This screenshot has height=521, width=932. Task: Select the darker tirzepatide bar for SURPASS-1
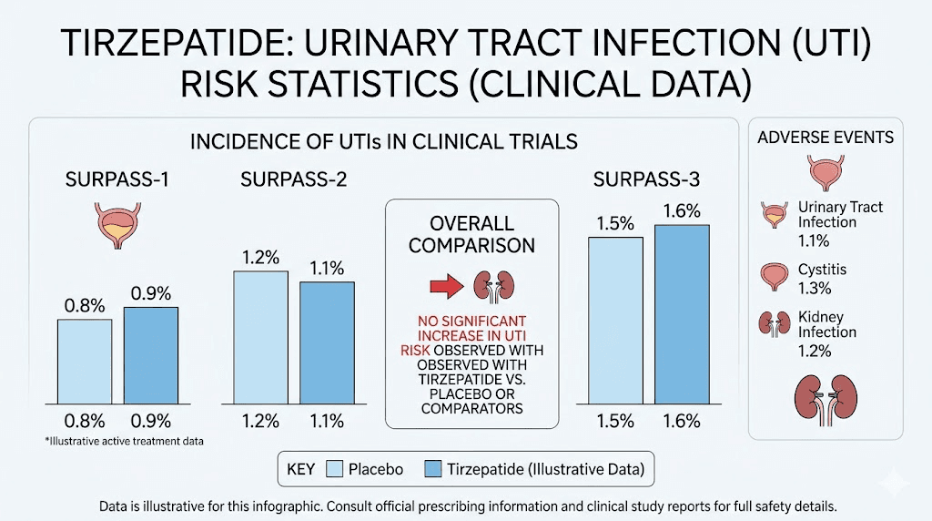(151, 356)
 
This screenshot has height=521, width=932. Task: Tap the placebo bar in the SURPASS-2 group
(260, 338)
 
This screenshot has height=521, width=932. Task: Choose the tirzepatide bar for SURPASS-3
(682, 315)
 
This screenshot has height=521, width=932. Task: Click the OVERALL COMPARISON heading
(471, 234)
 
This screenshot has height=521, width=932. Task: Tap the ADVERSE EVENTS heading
(826, 138)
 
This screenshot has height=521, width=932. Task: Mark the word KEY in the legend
(299, 469)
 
